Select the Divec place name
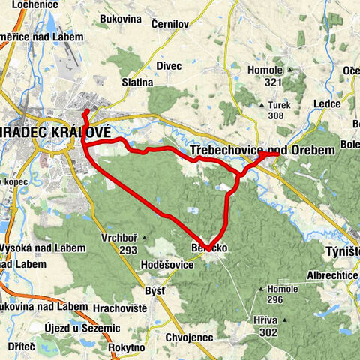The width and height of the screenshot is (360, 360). (169, 65)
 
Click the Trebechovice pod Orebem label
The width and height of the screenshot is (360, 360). (262, 151)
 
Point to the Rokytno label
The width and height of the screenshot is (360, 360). (126, 347)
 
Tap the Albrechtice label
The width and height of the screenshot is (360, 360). (334, 276)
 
